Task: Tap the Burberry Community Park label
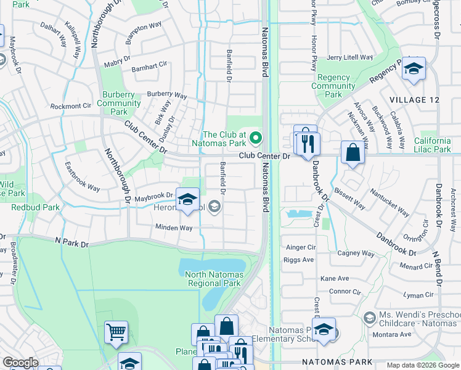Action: (x=119, y=103)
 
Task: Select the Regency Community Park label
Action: (x=333, y=86)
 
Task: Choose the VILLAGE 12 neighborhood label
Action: (x=416, y=100)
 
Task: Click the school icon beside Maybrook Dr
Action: (x=187, y=200)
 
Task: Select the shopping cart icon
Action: (x=116, y=333)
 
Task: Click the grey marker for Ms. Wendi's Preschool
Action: (x=369, y=318)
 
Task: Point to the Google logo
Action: (x=20, y=363)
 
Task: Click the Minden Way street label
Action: (x=174, y=228)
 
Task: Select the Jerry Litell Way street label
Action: (x=351, y=57)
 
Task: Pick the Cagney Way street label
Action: (x=356, y=253)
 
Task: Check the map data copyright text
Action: (x=423, y=365)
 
